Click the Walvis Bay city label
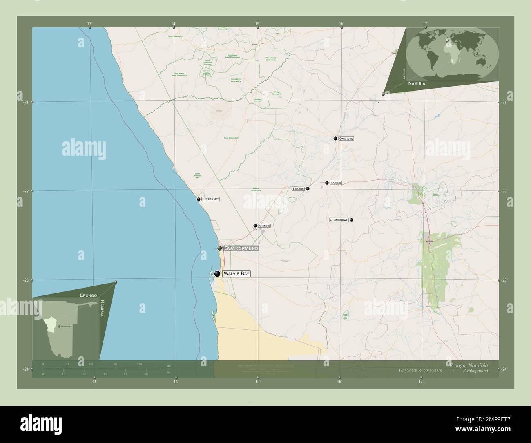[236, 274]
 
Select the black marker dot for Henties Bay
[199, 199]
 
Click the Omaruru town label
[346, 139]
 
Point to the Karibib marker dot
[327, 183]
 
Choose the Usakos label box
[299, 189]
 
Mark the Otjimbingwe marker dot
[351, 220]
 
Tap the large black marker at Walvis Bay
[217, 274]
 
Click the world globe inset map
[453, 53]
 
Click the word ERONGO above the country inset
[89, 295]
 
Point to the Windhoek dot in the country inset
[60, 326]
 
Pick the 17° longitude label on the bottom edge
[421, 382]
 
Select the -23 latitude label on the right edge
[504, 280]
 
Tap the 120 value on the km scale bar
[139, 364]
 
